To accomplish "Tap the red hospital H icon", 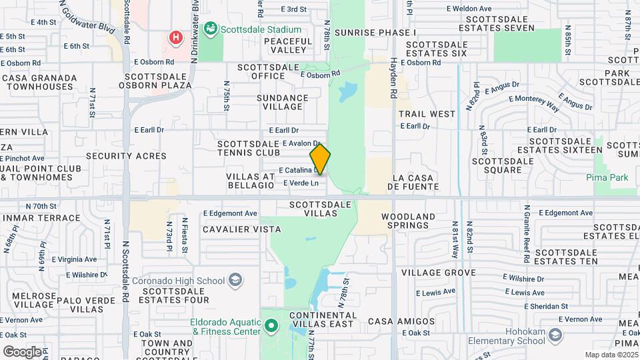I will [x=175, y=37].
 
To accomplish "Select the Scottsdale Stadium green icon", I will [x=211, y=29].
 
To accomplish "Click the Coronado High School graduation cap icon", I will [x=235, y=279].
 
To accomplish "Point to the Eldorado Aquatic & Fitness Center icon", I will [x=270, y=327].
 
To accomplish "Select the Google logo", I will [x=22, y=351].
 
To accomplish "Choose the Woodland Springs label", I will [x=408, y=221].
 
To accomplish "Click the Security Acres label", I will [x=126, y=156].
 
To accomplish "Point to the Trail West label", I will [x=427, y=114].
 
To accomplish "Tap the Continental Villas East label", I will [x=322, y=319].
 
